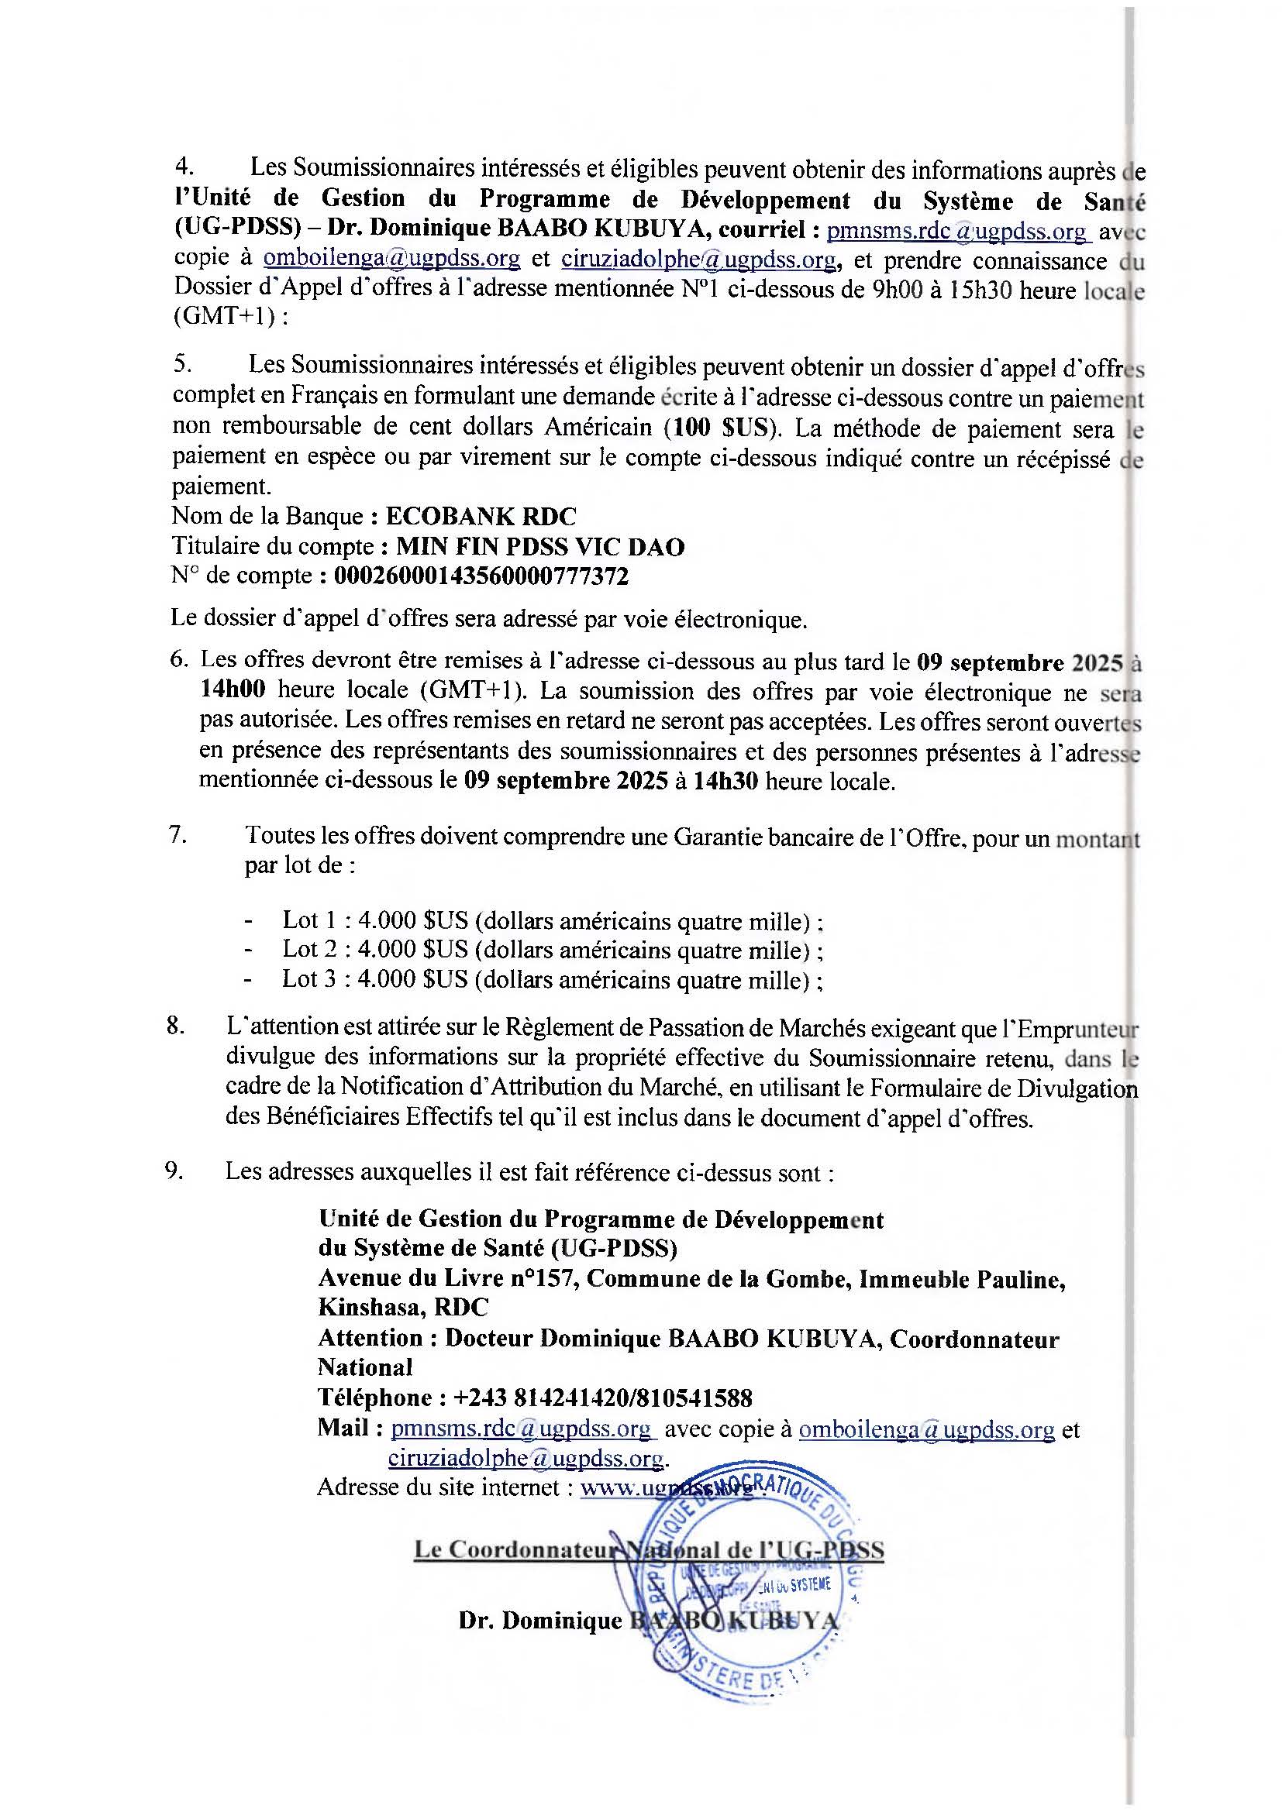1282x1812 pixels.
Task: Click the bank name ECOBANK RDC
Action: pos(481,517)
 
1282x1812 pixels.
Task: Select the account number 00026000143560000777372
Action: pos(481,577)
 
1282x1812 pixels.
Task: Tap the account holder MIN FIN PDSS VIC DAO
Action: pos(540,547)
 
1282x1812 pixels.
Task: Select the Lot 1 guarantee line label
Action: pos(312,920)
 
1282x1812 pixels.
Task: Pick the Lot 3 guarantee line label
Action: pos(312,979)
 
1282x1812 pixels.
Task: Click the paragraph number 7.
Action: pos(177,835)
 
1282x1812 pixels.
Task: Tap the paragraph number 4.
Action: pos(183,167)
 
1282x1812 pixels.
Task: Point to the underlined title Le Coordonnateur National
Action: pos(649,1550)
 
